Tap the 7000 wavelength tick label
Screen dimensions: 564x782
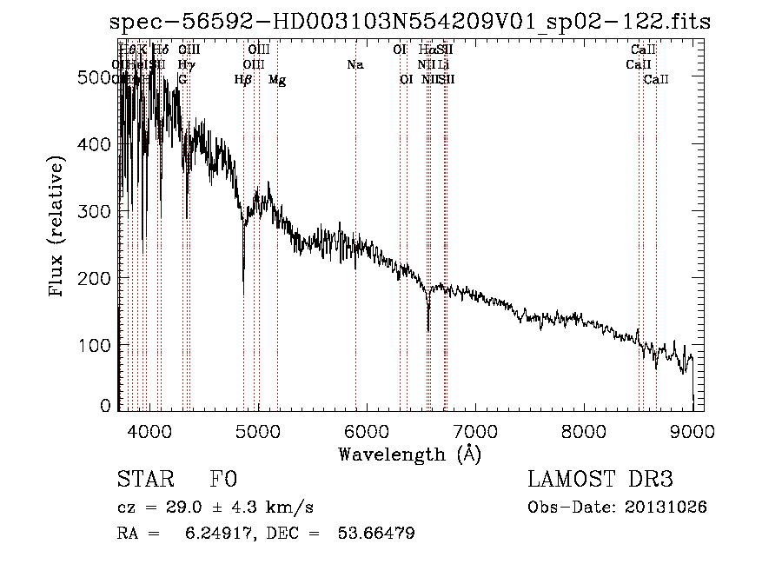(x=475, y=428)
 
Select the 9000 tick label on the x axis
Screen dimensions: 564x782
(x=693, y=428)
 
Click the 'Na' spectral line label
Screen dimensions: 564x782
(x=355, y=64)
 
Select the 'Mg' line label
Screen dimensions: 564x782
(x=277, y=79)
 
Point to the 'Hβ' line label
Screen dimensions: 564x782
(x=243, y=79)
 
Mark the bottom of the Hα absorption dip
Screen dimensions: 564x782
(x=428, y=329)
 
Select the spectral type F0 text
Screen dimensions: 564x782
(x=223, y=480)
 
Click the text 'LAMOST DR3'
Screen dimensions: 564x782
(x=600, y=480)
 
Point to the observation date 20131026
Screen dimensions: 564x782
(x=666, y=507)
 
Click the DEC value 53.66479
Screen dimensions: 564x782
(x=375, y=533)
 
